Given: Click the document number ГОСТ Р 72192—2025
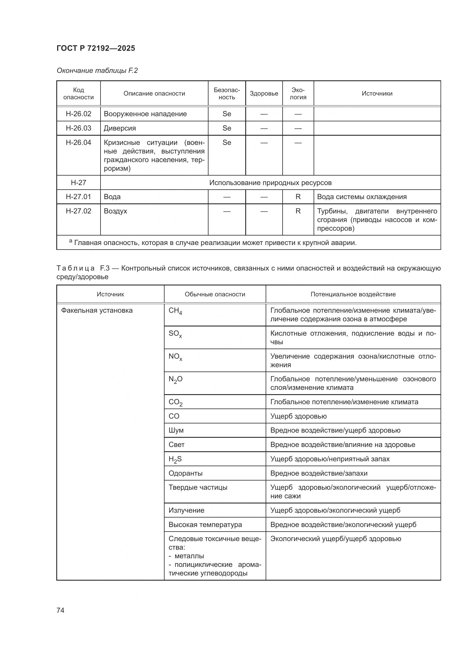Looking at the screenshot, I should click(96, 48).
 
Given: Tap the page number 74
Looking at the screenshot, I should click(61, 610).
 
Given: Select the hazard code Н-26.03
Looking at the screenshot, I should click(78, 128).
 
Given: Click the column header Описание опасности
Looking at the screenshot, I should click(154, 94).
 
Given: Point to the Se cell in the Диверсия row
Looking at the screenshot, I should click(227, 128).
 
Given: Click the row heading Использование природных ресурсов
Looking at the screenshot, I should click(270, 183).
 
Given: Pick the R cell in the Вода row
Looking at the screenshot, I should click(298, 197).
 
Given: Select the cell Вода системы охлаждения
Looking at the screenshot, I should click(362, 197).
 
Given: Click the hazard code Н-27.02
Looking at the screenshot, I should click(78, 211).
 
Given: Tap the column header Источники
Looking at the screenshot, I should click(377, 94).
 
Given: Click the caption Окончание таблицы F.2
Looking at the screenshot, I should click(97, 71).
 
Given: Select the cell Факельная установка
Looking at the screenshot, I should click(97, 310).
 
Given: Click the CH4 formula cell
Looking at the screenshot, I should click(175, 311).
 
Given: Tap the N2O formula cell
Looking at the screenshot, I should click(175, 379).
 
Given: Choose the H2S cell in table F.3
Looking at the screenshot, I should click(175, 459).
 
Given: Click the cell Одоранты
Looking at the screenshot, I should click(186, 473).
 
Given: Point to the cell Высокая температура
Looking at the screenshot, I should click(205, 525).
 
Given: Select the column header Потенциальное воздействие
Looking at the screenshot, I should click(353, 294).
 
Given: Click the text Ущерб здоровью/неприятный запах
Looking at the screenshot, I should click(330, 459).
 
